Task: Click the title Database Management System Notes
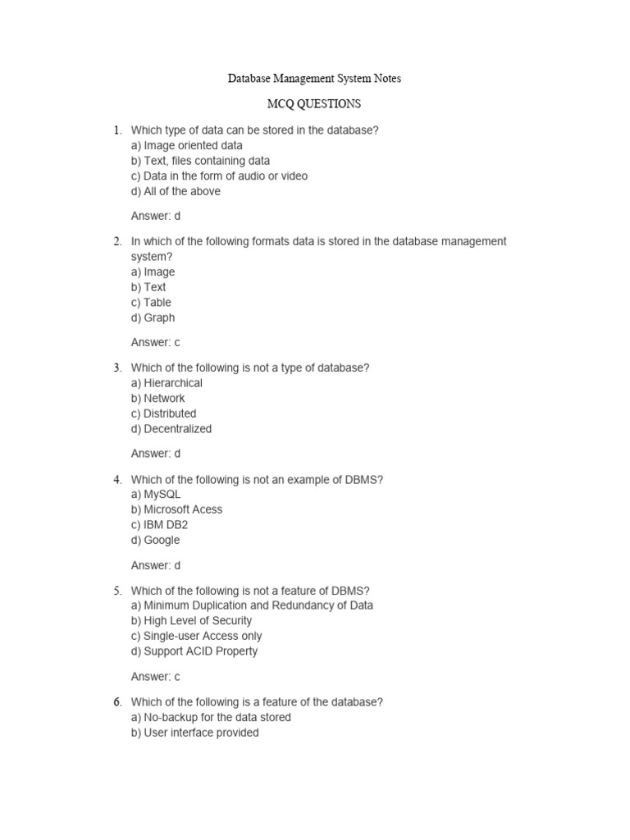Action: coord(314,79)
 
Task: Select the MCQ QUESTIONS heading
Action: coord(314,104)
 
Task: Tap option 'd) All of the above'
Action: coord(176,191)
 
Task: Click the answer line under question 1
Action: coord(156,217)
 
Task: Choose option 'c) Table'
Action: coord(151,302)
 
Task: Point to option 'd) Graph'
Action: coord(153,317)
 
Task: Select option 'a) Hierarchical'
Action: coord(167,383)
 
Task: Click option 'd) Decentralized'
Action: coord(171,428)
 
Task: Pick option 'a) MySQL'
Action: coord(156,495)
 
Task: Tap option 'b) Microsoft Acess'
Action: coord(176,509)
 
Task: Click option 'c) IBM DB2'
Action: coord(159,525)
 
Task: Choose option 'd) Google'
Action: coord(155,540)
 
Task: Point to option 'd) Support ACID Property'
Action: coord(194,651)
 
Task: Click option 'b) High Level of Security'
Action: coord(192,621)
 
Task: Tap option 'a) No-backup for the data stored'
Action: coord(211,717)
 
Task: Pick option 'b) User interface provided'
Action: coord(194,733)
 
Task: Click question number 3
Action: coord(117,368)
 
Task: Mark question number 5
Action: coord(117,591)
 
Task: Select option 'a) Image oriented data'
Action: coord(187,145)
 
